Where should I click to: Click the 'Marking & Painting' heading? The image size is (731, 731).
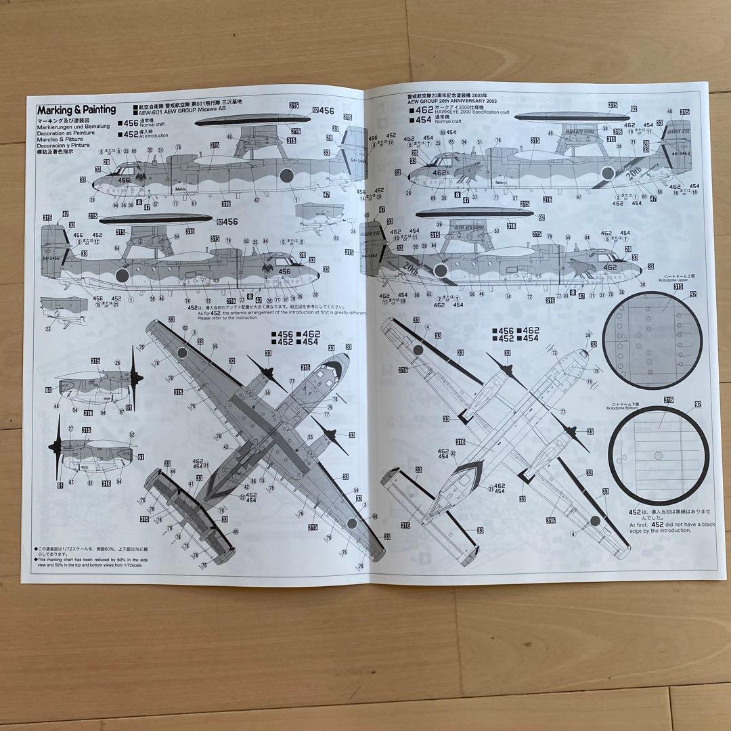[76, 109]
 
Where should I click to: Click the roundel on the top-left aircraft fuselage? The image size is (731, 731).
[286, 177]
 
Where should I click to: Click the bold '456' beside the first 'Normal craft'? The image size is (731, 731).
[128, 123]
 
